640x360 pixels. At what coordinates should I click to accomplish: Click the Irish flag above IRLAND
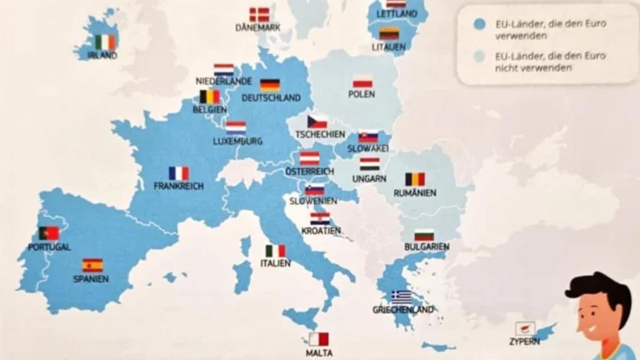pyautogui.click(x=105, y=42)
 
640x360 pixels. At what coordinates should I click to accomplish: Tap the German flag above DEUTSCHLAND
pyautogui.click(x=270, y=85)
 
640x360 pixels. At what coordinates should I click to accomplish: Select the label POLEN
pyautogui.click(x=362, y=94)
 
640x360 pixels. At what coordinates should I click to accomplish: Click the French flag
pyautogui.click(x=179, y=173)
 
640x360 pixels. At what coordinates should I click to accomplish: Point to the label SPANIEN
pyautogui.click(x=91, y=278)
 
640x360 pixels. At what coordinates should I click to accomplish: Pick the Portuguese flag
pyautogui.click(x=49, y=233)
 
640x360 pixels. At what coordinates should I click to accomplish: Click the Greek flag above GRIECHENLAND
pyautogui.click(x=401, y=297)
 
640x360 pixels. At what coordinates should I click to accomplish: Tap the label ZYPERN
pyautogui.click(x=524, y=341)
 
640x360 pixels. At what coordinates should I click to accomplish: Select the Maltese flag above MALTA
pyautogui.click(x=318, y=339)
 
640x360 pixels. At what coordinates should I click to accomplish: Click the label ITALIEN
pyautogui.click(x=275, y=263)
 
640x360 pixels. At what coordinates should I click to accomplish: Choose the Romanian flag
pyautogui.click(x=415, y=179)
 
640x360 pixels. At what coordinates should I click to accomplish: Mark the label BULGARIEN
pyautogui.click(x=427, y=247)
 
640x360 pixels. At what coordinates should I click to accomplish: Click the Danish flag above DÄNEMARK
pyautogui.click(x=259, y=14)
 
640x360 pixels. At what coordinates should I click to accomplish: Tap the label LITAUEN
pyautogui.click(x=388, y=47)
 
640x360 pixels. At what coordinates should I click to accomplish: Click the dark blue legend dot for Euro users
pyautogui.click(x=479, y=24)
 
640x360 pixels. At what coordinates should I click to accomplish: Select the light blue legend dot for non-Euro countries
pyautogui.click(x=479, y=57)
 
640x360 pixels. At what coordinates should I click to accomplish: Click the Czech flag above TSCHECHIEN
pyautogui.click(x=317, y=122)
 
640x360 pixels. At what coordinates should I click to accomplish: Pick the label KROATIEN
pyautogui.click(x=321, y=230)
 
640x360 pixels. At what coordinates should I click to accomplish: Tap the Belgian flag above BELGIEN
pyautogui.click(x=210, y=97)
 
